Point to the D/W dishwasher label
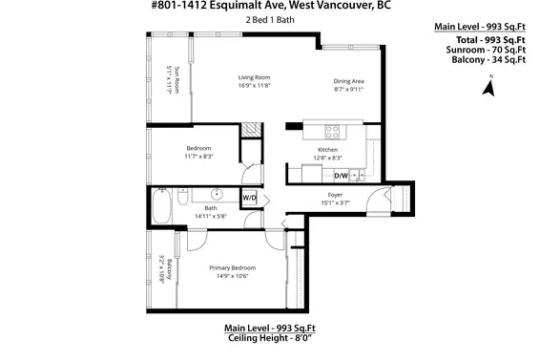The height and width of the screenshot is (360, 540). point(341,175)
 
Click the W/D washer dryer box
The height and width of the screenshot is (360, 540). point(249,198)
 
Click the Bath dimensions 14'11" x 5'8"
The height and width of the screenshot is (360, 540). point(210,216)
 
